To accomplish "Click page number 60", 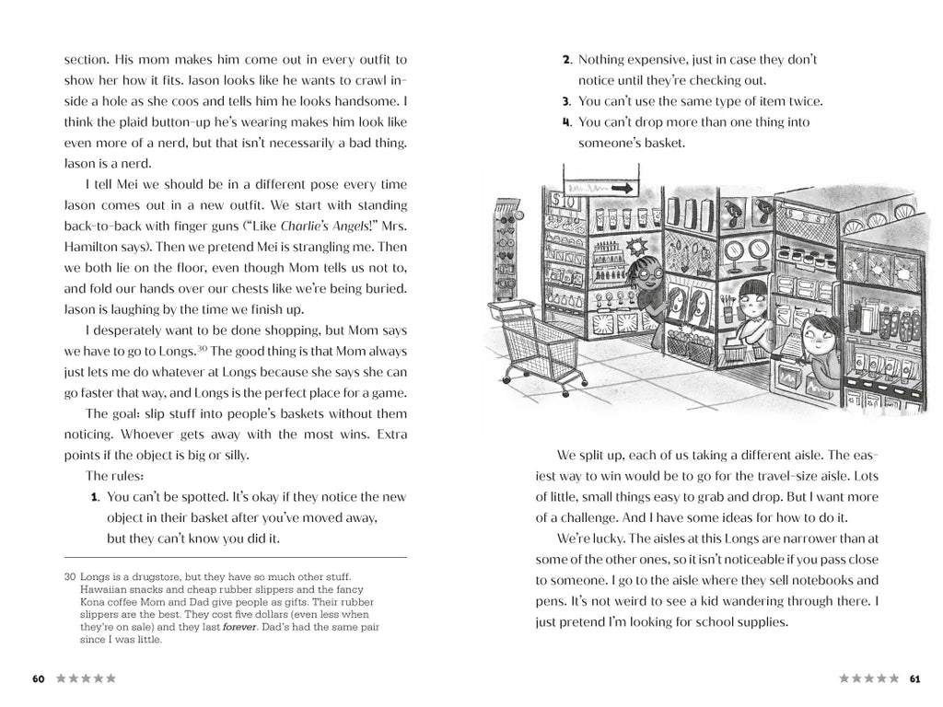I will [x=38, y=678].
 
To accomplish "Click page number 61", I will [x=914, y=678].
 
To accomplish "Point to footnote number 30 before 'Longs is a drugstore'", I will [x=70, y=576].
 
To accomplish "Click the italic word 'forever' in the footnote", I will [x=239, y=627].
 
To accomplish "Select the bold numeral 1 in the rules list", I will [x=95, y=497].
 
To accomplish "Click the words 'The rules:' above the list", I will [x=114, y=476].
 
